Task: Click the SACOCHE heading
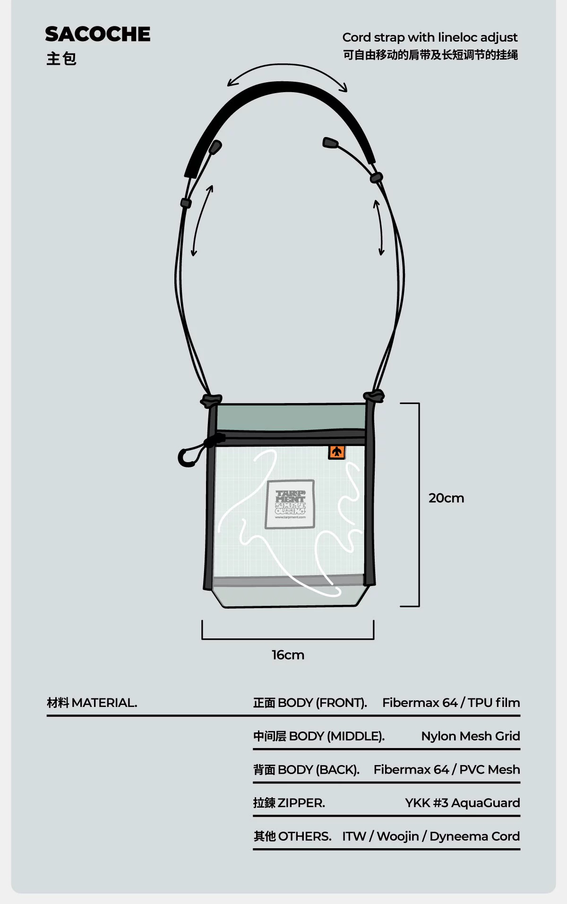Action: [98, 34]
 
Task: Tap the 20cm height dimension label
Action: [446, 498]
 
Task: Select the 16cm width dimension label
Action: [288, 655]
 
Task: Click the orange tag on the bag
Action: [336, 452]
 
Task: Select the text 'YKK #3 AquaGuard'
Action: [462, 803]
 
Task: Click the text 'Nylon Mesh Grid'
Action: [470, 736]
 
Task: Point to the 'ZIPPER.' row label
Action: [301, 803]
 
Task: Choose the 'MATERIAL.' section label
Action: [104, 703]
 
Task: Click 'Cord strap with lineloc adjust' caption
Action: [430, 37]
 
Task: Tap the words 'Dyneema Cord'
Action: [474, 836]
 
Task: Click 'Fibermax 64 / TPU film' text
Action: [451, 703]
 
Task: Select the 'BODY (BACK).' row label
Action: [318, 770]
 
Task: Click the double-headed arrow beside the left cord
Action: [202, 220]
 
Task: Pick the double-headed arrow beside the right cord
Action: [379, 227]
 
